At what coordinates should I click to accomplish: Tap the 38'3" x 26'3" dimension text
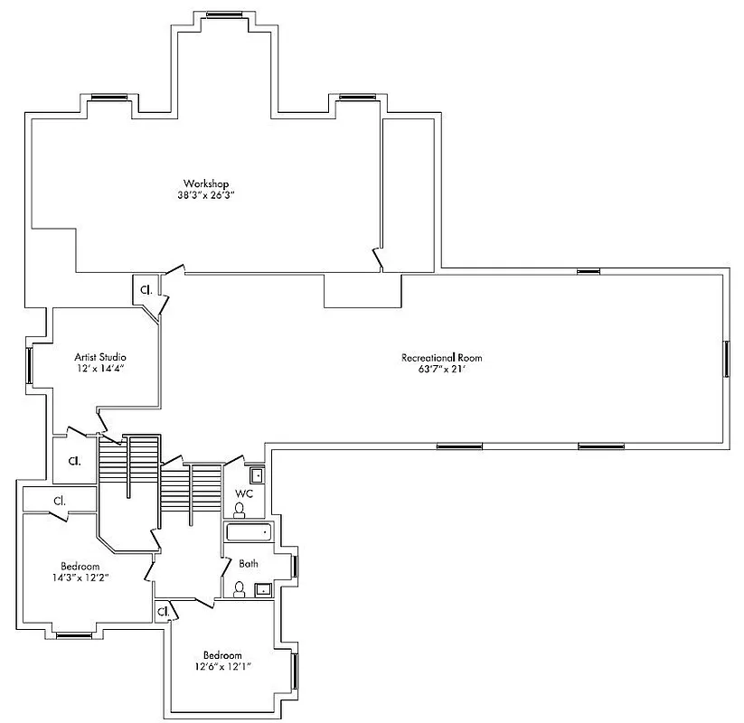206,194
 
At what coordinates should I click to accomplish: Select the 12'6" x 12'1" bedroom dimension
221,666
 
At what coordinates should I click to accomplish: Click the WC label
243,493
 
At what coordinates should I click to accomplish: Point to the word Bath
249,563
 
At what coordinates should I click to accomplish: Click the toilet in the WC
240,510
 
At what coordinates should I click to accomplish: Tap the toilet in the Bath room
240,589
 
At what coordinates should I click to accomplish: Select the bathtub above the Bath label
248,532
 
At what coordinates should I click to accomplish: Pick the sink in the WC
257,474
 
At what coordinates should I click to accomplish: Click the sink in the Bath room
264,590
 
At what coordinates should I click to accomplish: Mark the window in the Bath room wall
296,565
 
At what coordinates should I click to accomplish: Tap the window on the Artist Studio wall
30,364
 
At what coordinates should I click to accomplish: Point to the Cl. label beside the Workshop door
145,289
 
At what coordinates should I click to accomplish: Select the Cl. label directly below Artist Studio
73,461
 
